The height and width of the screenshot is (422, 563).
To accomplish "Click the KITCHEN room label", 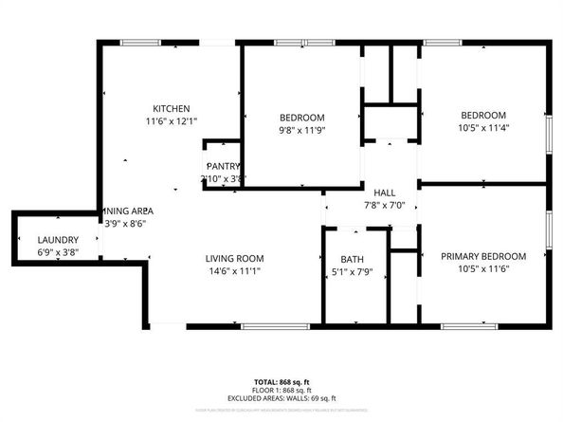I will click(173, 109).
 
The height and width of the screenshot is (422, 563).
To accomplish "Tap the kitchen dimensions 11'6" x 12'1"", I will click(173, 121).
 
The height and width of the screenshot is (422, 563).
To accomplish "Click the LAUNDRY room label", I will click(58, 240).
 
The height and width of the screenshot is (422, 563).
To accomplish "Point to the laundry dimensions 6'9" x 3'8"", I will click(58, 252).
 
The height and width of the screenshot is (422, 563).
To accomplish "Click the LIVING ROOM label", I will click(234, 258).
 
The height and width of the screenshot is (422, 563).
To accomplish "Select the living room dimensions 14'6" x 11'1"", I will click(234, 270).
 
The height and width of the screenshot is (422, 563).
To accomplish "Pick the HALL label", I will click(384, 193).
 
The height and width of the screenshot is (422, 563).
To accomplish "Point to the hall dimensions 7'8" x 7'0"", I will click(384, 205).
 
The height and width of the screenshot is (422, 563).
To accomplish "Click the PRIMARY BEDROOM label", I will click(482, 256).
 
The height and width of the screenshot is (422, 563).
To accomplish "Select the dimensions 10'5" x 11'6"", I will click(482, 268).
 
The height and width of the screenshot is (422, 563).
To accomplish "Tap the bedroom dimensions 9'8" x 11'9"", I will click(301, 129).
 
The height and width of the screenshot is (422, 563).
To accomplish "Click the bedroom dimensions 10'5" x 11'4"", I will click(482, 126).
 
